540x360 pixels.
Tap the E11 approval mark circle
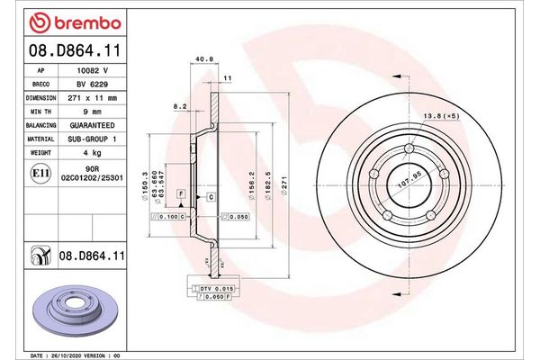pos(40,172)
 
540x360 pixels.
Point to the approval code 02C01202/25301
pos(92,180)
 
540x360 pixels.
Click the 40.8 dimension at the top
pos(203,62)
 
